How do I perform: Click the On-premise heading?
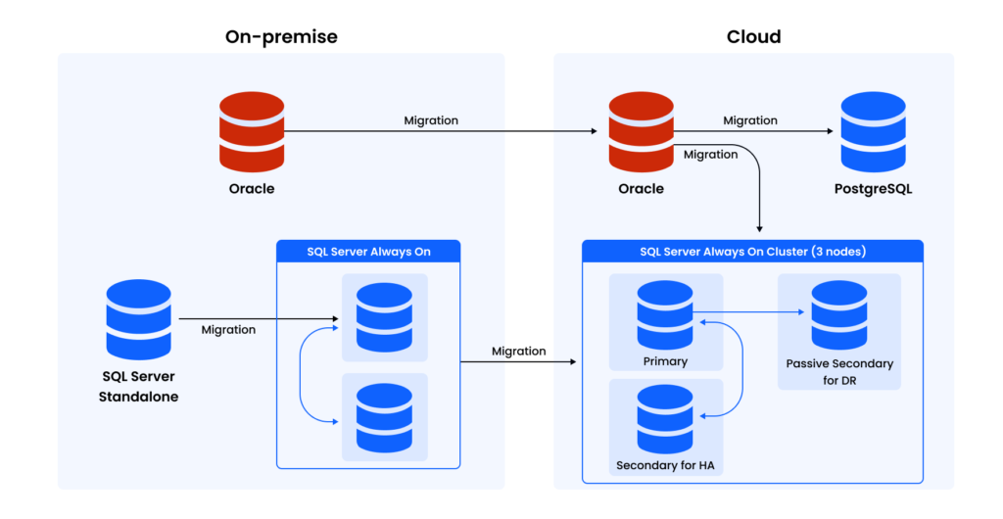281,36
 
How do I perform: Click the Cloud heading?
753,36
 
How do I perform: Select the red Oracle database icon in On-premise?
252,131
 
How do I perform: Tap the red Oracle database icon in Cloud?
641,131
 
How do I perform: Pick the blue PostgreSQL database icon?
873,131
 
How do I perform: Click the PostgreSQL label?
874,188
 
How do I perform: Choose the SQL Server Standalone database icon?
138,319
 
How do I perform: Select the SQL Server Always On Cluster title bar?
752,252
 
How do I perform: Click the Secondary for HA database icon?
665,418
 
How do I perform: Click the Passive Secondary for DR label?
839,371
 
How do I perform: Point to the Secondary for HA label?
665,464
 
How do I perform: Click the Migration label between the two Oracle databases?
431,120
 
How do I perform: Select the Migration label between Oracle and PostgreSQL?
750,120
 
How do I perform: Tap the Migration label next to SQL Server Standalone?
228,330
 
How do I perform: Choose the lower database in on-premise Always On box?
384,417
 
